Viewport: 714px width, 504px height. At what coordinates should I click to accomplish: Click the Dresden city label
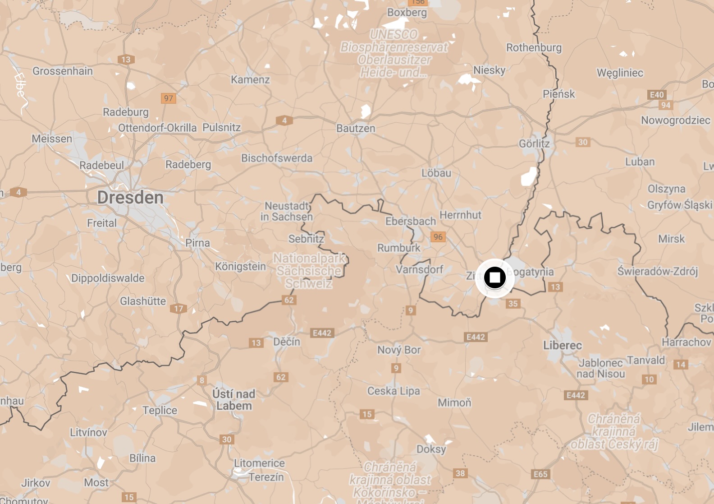coord(130,198)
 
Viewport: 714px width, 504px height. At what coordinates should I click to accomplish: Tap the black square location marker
coord(495,277)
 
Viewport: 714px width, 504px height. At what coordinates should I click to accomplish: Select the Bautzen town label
coord(356,129)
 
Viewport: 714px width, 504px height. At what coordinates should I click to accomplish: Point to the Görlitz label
coord(534,144)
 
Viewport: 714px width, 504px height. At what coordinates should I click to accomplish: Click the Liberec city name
coord(563,346)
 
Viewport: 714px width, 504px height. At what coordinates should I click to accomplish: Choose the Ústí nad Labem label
coord(233,400)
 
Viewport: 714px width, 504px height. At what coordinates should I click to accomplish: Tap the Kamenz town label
coord(250,80)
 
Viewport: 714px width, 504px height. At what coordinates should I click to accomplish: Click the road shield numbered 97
coord(169,98)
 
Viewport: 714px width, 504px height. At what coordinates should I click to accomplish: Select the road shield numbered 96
coord(438,237)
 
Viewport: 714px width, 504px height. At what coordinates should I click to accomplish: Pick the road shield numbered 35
coord(513,304)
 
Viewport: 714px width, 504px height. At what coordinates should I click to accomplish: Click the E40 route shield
coord(657,95)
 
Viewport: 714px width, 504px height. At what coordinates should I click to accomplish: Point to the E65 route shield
coord(540,474)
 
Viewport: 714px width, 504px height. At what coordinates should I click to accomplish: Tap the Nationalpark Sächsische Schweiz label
coord(309,271)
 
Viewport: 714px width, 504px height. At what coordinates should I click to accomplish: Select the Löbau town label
coord(436,173)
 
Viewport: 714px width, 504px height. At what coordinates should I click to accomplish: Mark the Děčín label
coord(287,342)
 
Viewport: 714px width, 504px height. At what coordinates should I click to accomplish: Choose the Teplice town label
coord(160,411)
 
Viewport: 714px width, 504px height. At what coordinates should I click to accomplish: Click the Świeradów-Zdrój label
coord(657,271)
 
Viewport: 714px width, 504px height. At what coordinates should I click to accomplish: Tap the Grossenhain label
coord(63,71)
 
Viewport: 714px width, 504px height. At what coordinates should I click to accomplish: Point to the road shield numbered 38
coord(460,473)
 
